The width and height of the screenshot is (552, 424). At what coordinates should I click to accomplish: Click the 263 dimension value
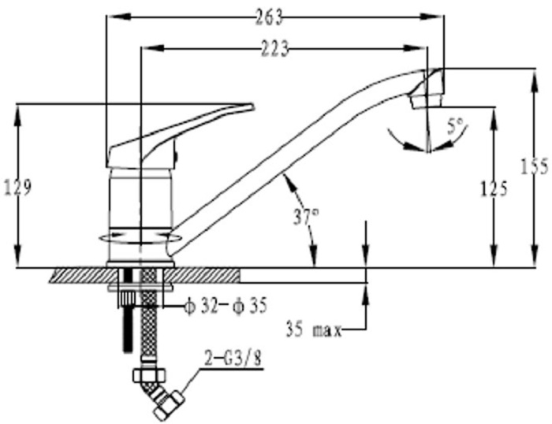270,17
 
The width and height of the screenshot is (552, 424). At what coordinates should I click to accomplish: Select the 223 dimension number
274,48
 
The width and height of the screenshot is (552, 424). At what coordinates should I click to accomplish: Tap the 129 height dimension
17,188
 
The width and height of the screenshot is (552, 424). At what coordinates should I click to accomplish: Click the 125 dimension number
494,189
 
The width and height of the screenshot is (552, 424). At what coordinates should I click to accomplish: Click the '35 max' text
314,330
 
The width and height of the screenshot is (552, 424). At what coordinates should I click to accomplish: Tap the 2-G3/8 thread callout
233,360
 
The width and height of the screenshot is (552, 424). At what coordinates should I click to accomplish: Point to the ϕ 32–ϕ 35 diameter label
226,306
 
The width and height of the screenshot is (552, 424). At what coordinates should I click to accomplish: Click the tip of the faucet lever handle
252,106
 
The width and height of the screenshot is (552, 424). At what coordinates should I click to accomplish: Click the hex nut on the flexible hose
149,374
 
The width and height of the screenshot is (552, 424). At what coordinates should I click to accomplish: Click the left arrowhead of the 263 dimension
118,17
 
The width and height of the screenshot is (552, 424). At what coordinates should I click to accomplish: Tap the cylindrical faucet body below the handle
140,214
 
